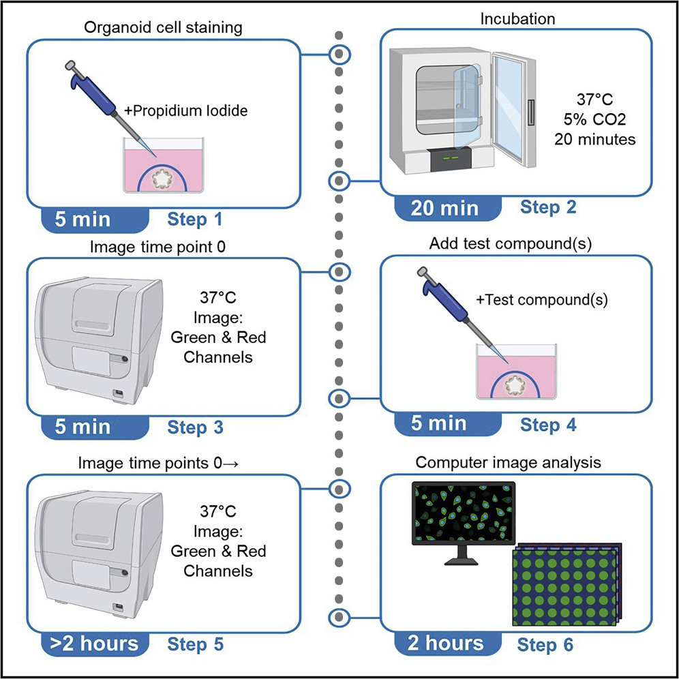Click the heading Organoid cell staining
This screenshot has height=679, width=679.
click(163, 28)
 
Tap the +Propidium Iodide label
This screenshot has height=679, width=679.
click(186, 110)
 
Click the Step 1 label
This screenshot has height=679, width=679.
click(195, 219)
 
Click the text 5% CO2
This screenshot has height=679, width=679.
click(595, 119)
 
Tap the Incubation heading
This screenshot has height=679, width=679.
click(517, 19)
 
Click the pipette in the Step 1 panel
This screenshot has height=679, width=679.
click(110, 108)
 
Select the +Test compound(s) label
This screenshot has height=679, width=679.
click(542, 300)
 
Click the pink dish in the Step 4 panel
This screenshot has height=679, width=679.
click(516, 372)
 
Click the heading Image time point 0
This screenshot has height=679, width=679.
click(157, 247)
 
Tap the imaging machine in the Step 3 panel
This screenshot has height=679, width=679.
click(99, 342)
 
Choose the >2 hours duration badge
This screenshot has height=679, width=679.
click(95, 644)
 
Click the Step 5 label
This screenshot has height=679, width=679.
click(195, 644)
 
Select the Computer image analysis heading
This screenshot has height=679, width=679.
click(509, 462)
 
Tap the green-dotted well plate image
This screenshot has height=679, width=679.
click(567, 585)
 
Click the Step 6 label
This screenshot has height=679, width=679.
click(545, 645)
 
